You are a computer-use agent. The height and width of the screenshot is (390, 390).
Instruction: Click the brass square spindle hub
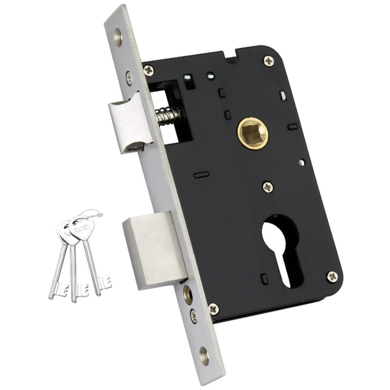tap(253, 133)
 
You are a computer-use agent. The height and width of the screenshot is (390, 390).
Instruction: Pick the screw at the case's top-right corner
tap(269, 61)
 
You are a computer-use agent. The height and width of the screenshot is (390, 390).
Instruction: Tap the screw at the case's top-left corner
tap(149, 70)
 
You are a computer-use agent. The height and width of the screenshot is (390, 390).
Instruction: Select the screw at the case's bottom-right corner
tap(332, 276)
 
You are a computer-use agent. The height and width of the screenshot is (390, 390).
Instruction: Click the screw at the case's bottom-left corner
tap(214, 309)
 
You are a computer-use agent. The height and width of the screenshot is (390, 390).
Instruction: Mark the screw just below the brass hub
tap(268, 186)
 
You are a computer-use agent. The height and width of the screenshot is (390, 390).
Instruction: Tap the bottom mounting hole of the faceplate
tap(204, 356)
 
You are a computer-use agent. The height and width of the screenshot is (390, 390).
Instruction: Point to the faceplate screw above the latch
tap(129, 77)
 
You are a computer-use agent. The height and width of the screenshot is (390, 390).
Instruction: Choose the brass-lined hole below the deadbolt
tap(187, 293)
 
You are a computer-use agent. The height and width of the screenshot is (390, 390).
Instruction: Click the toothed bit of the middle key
tap(80, 290)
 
